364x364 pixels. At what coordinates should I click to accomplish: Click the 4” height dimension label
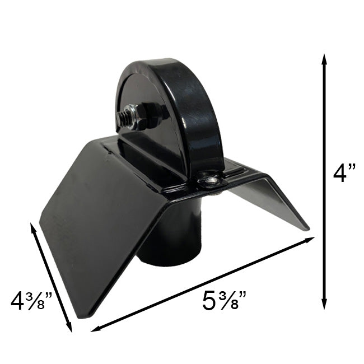point(344,173)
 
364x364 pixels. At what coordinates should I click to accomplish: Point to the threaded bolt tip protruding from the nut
point(122,117)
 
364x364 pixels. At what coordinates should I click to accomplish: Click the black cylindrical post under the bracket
point(168,241)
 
